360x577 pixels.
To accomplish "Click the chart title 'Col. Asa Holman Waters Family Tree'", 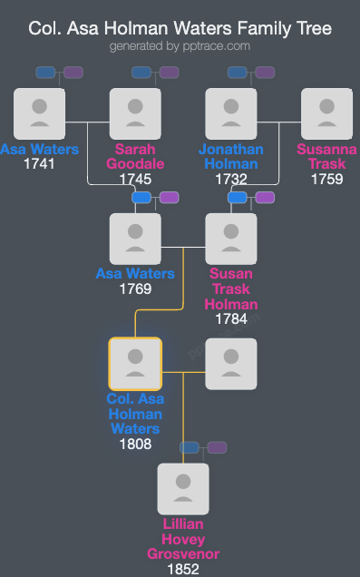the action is pyautogui.click(x=180, y=28).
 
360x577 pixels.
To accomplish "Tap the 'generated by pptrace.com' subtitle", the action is pyautogui.click(x=180, y=45).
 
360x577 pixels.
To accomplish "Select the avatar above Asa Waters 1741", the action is pyautogui.click(x=40, y=113).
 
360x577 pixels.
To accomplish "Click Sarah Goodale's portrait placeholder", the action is pyautogui.click(x=135, y=113).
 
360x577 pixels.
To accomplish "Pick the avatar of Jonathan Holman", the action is pyautogui.click(x=231, y=113).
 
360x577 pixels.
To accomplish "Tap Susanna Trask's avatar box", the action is pyautogui.click(x=326, y=113).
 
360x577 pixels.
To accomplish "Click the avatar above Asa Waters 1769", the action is pyautogui.click(x=135, y=239).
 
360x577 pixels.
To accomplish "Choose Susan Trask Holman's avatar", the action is pyautogui.click(x=231, y=239).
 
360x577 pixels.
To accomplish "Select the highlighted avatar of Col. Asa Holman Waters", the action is pyautogui.click(x=135, y=364).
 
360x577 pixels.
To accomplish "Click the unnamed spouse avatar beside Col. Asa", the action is pyautogui.click(x=231, y=364).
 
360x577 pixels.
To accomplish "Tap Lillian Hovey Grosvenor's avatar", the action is pyautogui.click(x=183, y=489).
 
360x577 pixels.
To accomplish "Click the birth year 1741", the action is pyautogui.click(x=40, y=164).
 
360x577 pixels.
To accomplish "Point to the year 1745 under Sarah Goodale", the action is pyautogui.click(x=135, y=179).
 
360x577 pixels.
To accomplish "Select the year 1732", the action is pyautogui.click(x=231, y=179).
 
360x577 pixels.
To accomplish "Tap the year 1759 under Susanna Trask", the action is pyautogui.click(x=326, y=179).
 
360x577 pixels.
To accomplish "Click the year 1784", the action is pyautogui.click(x=231, y=318).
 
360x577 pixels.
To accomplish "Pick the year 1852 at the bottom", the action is pyautogui.click(x=183, y=569).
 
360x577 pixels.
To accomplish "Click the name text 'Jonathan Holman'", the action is pyautogui.click(x=231, y=156).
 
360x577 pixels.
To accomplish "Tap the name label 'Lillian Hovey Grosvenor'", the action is pyautogui.click(x=183, y=539).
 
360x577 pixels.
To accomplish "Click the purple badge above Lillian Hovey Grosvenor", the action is pyautogui.click(x=217, y=447).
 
